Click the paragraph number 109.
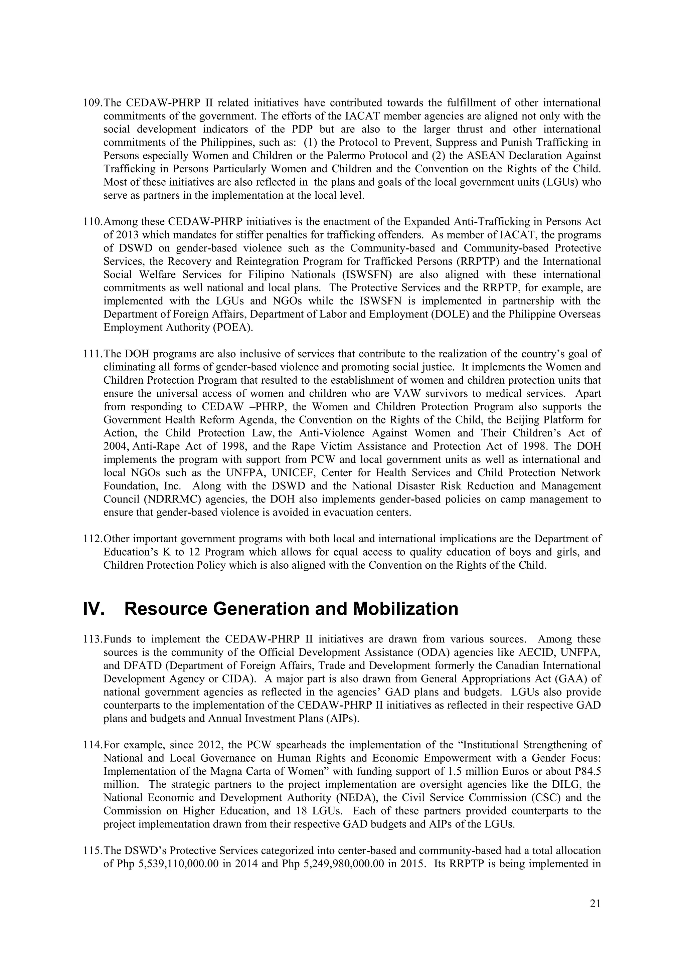coord(93,103)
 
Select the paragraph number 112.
coord(93,539)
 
